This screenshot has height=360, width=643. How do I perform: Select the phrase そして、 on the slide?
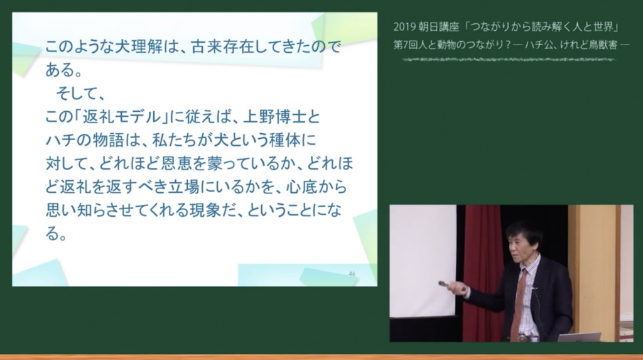pos(80,94)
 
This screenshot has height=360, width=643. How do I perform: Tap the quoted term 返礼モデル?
pos(122,117)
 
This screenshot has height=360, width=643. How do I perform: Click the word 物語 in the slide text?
pos(108,140)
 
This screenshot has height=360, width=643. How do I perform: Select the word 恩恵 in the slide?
pos(176,164)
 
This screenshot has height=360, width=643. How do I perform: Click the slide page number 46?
pos(352,274)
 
